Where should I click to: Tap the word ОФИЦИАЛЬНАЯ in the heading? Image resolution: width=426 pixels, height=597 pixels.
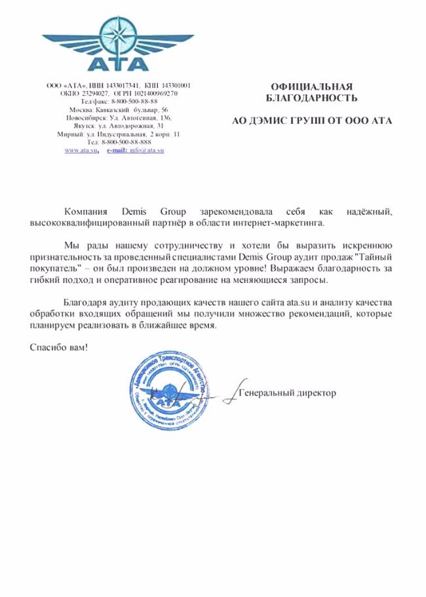point(311,87)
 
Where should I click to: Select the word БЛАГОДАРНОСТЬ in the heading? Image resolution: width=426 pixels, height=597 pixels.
point(311,99)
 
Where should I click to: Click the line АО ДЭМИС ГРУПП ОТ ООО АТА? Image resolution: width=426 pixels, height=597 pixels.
point(313,121)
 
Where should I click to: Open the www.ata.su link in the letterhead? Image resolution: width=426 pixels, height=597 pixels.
point(81,150)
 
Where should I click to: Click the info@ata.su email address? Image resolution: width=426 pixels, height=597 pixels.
point(146,150)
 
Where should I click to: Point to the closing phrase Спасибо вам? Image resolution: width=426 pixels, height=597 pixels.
point(58,347)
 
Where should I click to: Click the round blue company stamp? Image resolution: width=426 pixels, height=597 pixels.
point(172,390)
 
